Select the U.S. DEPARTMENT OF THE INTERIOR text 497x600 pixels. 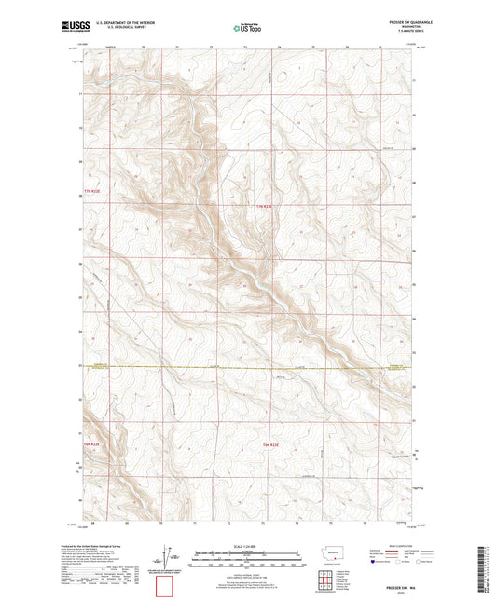click(118, 24)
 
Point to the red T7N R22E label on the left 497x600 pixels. click(89, 192)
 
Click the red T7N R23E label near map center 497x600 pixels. click(267, 206)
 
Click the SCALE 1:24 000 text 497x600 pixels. click(248, 546)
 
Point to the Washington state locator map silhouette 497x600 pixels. click(334, 552)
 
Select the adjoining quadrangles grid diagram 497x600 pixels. click(334, 575)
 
